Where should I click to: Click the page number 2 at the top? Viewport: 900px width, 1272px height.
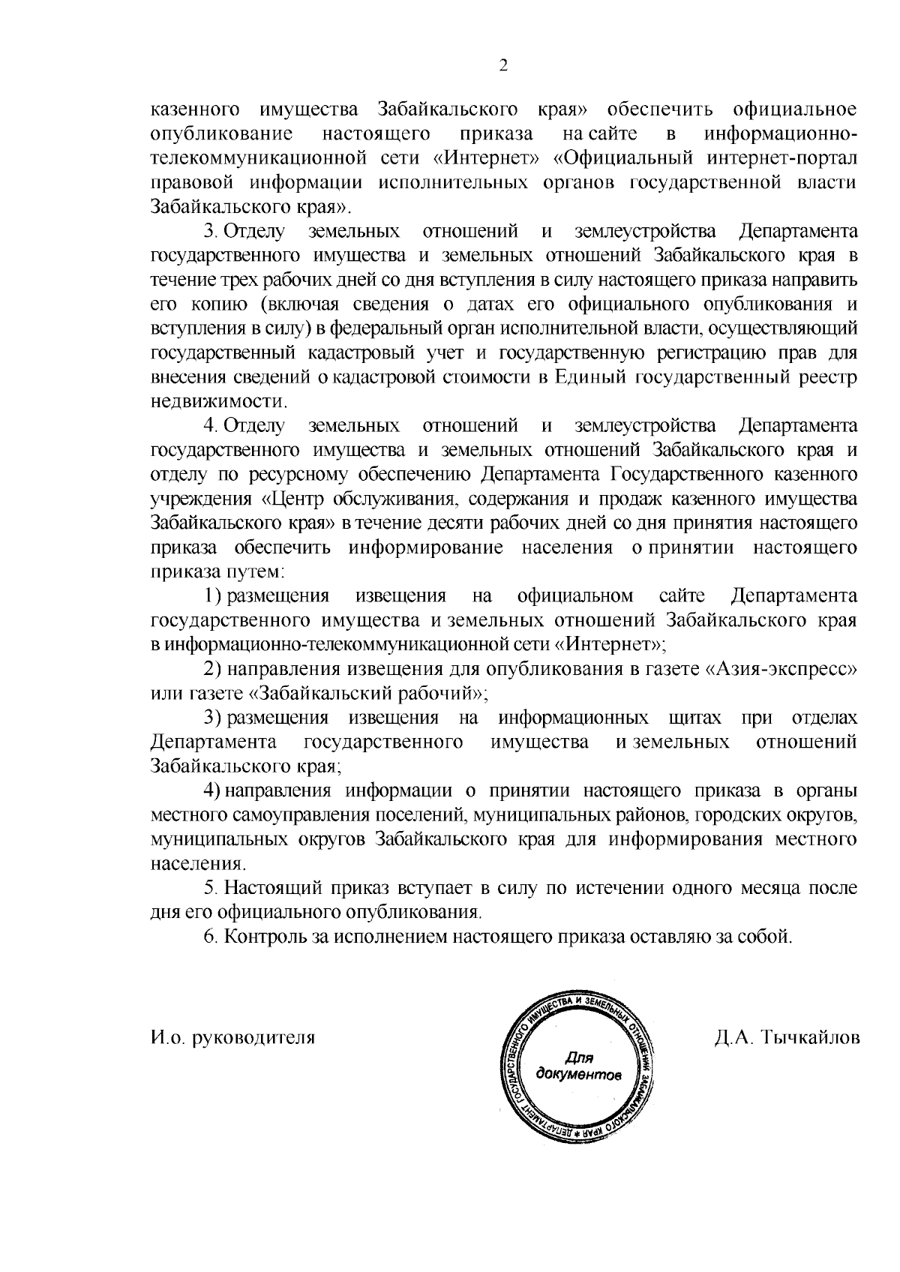click(x=504, y=66)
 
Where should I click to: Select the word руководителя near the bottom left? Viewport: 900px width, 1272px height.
click(x=254, y=1038)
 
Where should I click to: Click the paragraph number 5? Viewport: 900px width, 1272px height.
click(x=210, y=888)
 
